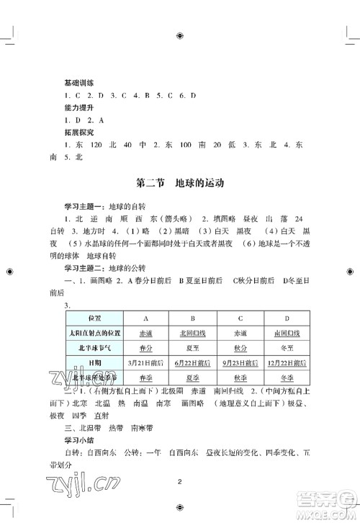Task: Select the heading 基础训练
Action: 79,83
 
